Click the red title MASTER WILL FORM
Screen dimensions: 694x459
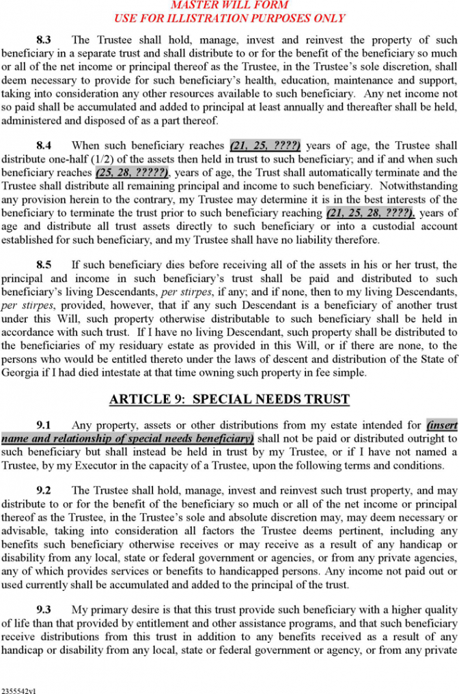[229, 5]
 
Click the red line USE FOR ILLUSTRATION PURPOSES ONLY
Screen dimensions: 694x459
[229, 18]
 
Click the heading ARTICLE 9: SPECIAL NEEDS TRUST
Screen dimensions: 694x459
[229, 399]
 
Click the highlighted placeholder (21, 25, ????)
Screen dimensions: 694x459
[265, 145]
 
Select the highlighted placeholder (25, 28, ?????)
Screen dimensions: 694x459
[133, 173]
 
